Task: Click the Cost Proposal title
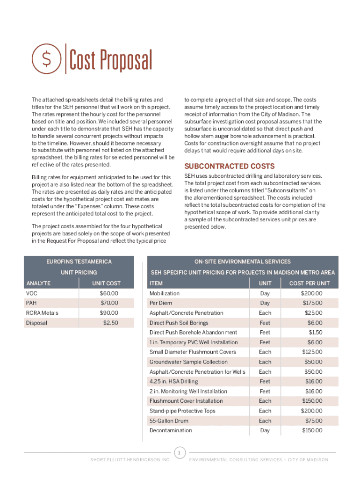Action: click(x=111, y=60)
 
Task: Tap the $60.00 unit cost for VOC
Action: click(x=109, y=293)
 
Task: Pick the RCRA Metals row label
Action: click(x=42, y=313)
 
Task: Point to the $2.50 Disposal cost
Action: click(x=111, y=323)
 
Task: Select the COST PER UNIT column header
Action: click(x=309, y=283)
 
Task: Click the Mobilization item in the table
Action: click(x=164, y=293)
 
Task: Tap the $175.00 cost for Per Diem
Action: click(x=312, y=303)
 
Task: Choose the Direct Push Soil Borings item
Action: click(x=179, y=323)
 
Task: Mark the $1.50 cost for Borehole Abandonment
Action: click(x=315, y=333)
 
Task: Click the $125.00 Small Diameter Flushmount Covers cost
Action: click(x=312, y=352)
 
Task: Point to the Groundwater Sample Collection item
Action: click(x=188, y=362)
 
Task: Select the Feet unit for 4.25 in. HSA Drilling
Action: click(x=265, y=382)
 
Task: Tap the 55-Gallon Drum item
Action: click(x=169, y=421)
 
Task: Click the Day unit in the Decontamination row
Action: click(x=265, y=430)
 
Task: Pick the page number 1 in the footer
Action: click(x=180, y=452)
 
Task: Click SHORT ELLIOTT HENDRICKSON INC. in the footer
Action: click(x=130, y=460)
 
